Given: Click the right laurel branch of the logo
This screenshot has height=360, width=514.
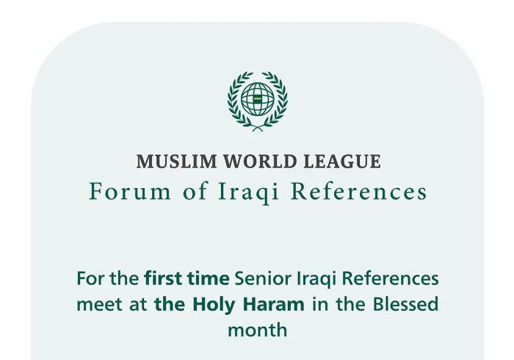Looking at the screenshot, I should (x=280, y=101).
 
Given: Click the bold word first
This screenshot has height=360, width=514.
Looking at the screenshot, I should (x=163, y=278).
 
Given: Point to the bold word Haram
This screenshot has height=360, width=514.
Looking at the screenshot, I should (x=273, y=304).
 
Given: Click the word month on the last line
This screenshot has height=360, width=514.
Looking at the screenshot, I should (x=257, y=330).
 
